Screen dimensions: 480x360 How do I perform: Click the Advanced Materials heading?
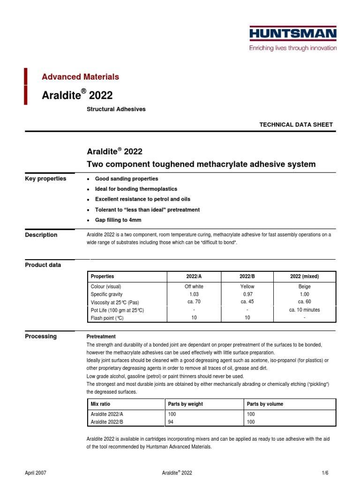[x=81, y=77]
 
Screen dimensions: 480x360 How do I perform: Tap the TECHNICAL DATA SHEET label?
[x=296, y=125]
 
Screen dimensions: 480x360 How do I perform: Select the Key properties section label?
[x=45, y=179]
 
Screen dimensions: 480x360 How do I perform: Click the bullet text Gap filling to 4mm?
[x=118, y=220]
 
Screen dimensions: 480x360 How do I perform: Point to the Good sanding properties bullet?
[x=127, y=179]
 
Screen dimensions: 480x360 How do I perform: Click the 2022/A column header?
[x=194, y=277]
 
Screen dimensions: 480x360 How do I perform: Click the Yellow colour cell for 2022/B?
[x=247, y=286]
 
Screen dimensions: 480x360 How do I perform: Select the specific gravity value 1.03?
[x=194, y=294]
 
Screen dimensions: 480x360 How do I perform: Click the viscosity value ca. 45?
[x=247, y=302]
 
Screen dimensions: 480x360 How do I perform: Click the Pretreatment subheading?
[x=101, y=337]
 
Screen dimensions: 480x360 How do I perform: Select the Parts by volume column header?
[x=265, y=404]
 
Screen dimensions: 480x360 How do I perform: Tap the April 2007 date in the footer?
[x=36, y=473]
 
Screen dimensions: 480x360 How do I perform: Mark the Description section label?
[x=41, y=235]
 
